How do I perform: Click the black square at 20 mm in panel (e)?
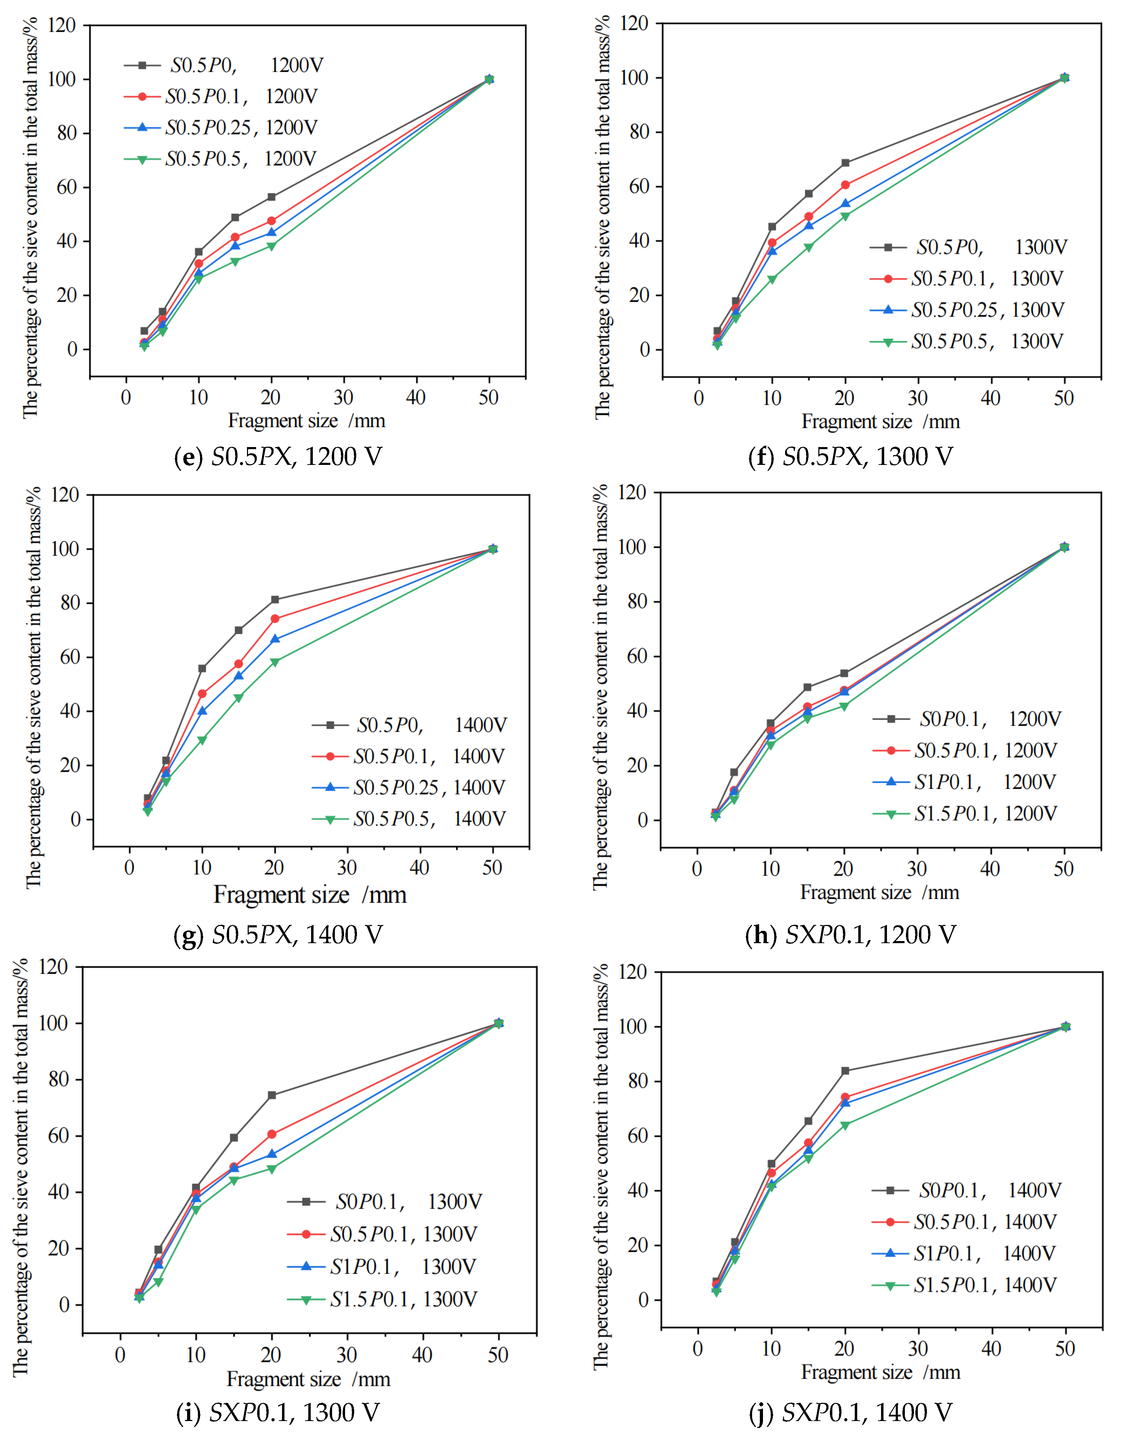tap(271, 197)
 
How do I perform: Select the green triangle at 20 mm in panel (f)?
tap(845, 217)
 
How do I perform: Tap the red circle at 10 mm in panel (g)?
tap(202, 693)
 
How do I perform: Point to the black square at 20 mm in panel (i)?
tap(272, 1095)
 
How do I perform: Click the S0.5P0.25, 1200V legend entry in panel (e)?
tap(221, 127)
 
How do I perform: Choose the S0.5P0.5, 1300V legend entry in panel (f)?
tap(967, 341)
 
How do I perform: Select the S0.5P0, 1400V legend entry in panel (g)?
tap(409, 725)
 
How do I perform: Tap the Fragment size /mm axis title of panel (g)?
tap(310, 895)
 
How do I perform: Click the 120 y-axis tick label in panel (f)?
tap(634, 24)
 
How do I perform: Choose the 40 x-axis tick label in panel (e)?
tap(416, 397)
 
